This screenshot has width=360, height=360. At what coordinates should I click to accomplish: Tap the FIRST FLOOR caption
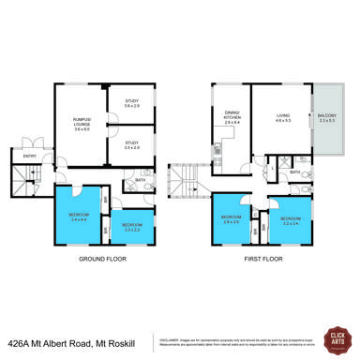pos(263,277)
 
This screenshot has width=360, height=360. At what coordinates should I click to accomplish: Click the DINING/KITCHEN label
pos(230,120)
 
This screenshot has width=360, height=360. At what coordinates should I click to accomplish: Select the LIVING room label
pos(282,119)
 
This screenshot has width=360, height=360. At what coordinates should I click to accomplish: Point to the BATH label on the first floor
pos(295,173)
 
